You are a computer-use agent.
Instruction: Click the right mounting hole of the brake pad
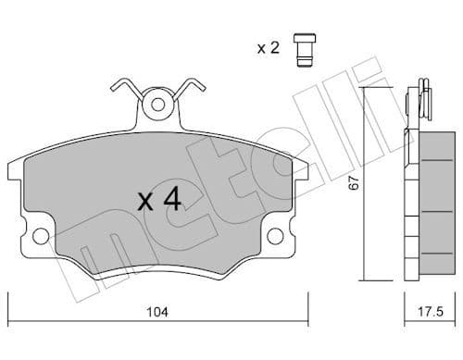pyautogui.click(x=275, y=237)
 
